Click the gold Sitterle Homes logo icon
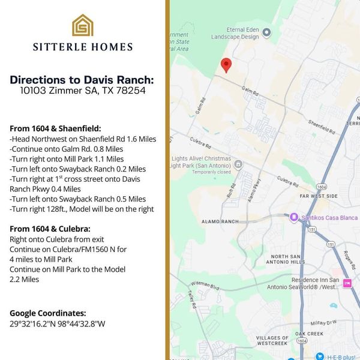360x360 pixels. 82,25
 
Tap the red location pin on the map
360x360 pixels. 226,65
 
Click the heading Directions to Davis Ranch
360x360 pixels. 82,80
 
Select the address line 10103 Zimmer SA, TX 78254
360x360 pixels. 82,91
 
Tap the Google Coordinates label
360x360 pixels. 48,313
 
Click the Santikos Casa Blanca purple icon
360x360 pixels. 294,217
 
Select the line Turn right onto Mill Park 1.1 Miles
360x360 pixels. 67,159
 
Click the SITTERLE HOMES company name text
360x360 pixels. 82,47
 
